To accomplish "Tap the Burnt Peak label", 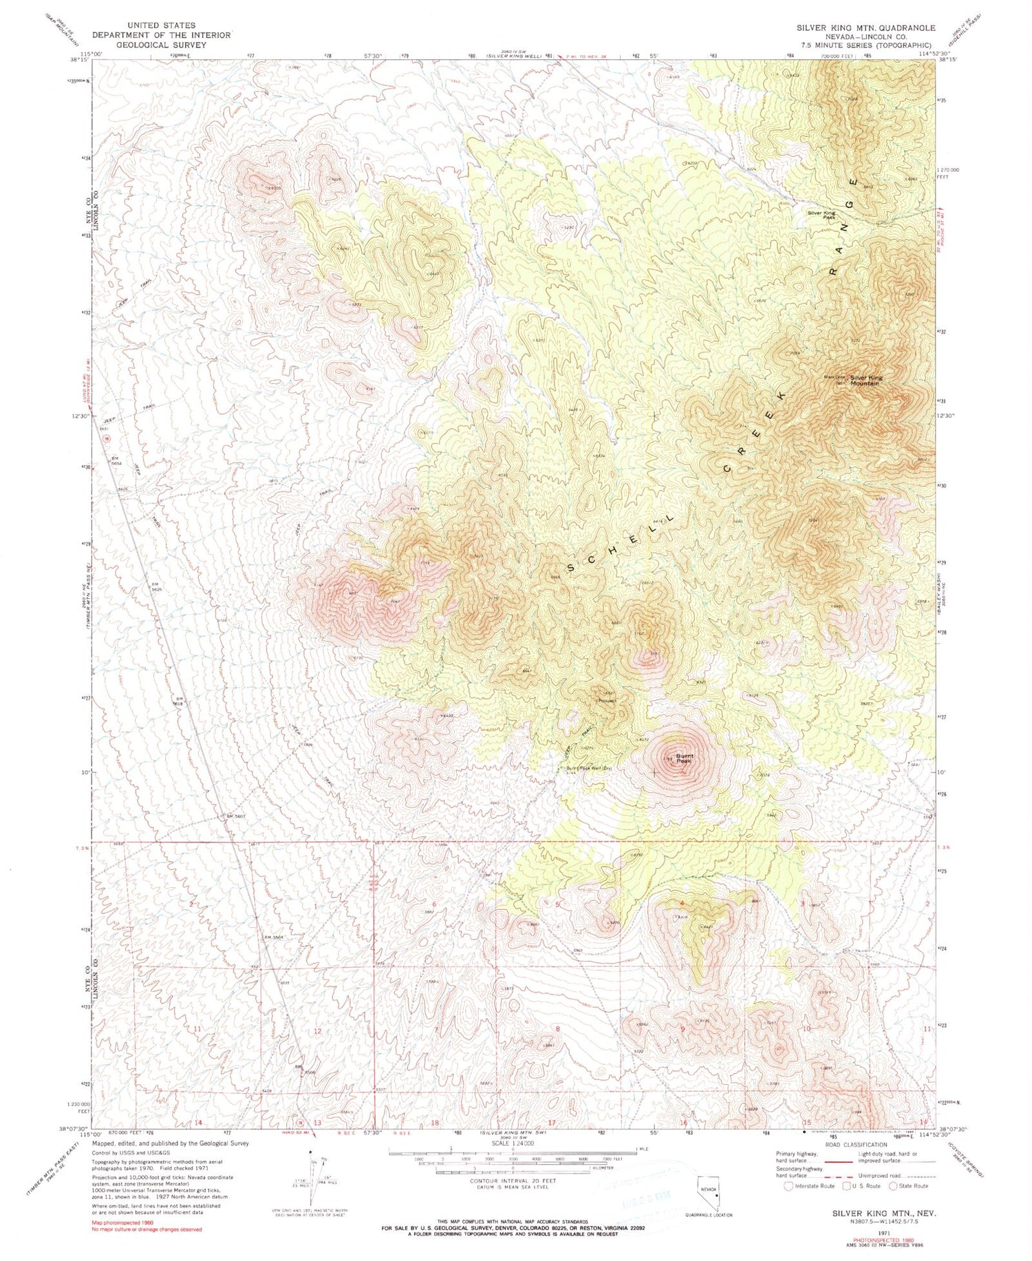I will (684, 758).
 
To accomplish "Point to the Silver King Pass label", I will (821, 215).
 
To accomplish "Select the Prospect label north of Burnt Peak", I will (607, 701).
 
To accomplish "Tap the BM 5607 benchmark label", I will (236, 817).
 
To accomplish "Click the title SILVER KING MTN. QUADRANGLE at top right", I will (866, 28).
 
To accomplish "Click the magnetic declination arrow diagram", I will (313, 1184).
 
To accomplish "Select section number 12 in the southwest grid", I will (317, 1031).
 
